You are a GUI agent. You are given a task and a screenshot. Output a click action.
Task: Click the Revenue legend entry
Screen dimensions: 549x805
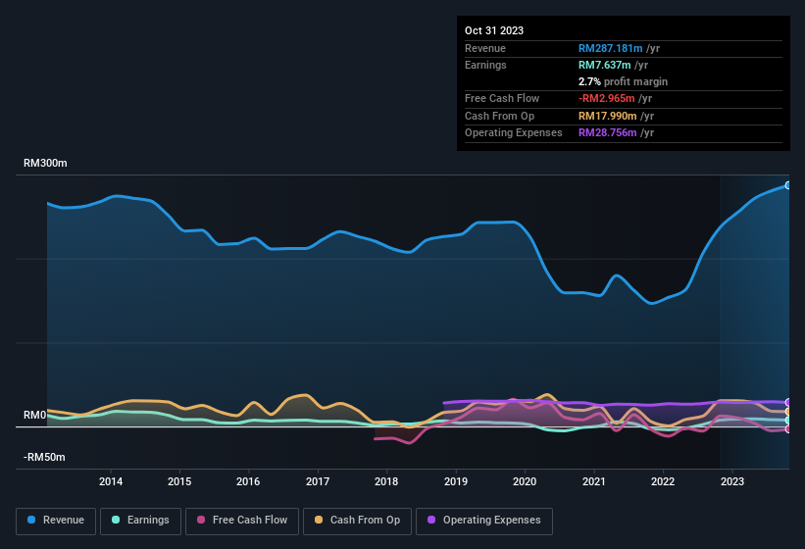pos(56,520)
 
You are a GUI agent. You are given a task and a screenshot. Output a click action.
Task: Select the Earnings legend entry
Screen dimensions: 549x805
pos(140,520)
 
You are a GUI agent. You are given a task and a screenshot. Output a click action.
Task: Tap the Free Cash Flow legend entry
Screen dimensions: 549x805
pos(242,520)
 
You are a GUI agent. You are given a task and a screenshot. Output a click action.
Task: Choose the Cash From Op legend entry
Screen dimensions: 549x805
pos(358,520)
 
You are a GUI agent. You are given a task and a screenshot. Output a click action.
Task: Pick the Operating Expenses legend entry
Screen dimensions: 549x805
pos(483,520)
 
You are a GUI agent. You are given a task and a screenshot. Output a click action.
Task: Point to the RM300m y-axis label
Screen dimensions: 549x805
pos(45,164)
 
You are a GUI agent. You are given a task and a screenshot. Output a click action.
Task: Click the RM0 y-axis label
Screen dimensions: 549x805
pos(34,416)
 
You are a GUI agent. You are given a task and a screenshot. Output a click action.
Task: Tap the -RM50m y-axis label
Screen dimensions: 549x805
pos(44,458)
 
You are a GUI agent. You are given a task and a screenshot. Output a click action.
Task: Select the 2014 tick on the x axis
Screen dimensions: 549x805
pos(111,481)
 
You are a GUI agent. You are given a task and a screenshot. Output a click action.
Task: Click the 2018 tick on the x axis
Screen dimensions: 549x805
pos(386,481)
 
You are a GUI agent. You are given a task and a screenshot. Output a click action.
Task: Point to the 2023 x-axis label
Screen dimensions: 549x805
pos(731,481)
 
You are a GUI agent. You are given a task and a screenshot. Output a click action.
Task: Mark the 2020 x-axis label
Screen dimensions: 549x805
pos(525,481)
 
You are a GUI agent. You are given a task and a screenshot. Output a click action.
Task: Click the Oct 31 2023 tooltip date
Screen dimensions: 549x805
pos(494,30)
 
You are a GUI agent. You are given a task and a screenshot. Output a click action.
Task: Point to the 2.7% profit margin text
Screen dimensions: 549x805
pos(623,81)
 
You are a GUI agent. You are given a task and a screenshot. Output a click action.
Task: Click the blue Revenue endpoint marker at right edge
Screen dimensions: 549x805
pos(787,185)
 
